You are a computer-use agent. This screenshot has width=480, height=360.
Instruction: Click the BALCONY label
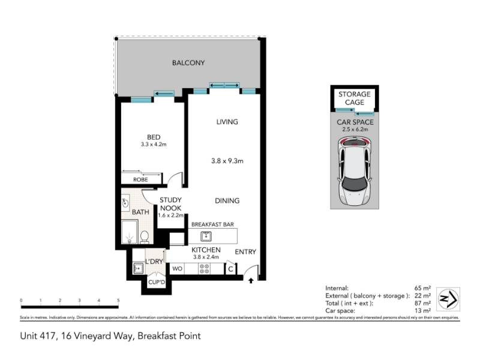[188, 63]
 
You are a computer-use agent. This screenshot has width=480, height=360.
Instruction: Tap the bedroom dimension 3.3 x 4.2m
[154, 145]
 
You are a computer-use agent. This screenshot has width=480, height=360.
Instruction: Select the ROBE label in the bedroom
[140, 179]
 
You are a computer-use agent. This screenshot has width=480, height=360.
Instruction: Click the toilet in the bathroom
[145, 237]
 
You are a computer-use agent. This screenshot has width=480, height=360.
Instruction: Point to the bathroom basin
[125, 203]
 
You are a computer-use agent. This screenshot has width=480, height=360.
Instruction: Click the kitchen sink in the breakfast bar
[206, 236]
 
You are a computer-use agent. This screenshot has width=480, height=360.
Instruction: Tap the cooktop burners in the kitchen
[204, 269]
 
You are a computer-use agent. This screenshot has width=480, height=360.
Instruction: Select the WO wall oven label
[177, 269]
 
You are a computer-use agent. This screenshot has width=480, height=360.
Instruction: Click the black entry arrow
[251, 280]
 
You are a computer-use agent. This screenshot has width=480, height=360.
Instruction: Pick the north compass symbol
[448, 299]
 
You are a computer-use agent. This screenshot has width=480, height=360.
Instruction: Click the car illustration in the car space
[355, 171]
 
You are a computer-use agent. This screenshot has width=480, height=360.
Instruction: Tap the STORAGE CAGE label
[355, 98]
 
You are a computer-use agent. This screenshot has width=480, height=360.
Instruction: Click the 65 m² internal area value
[422, 288]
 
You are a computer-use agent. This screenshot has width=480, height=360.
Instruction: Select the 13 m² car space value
[422, 311]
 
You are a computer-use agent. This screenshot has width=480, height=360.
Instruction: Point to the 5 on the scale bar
[118, 301]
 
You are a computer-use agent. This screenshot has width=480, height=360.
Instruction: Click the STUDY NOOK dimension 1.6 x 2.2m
[171, 215]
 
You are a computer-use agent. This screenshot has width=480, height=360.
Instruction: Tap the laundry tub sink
[138, 268]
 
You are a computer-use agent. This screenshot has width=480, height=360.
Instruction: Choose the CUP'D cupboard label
[157, 282]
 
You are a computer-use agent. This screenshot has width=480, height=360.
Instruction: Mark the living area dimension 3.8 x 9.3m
[227, 161]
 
